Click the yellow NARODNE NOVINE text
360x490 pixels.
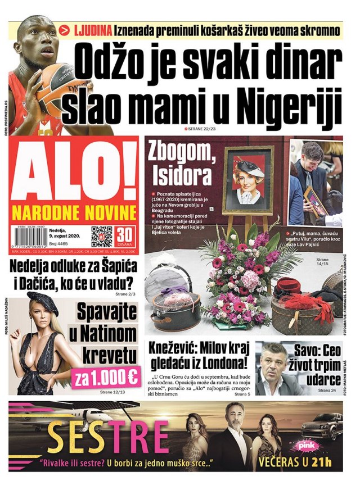click(75, 214)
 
